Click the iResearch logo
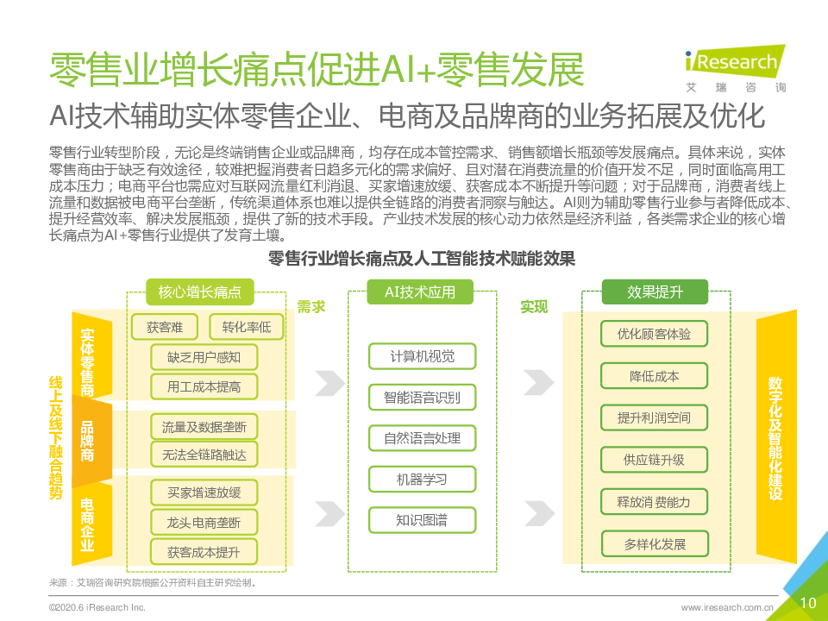[x=735, y=69]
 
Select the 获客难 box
[x=164, y=328]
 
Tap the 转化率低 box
[x=247, y=328]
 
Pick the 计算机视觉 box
[x=422, y=356]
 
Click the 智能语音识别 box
[x=422, y=398]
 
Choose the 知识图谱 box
[x=422, y=521]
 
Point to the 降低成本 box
[x=655, y=376]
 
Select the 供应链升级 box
[x=655, y=460]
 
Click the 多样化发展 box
[x=655, y=544]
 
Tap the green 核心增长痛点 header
[x=199, y=292]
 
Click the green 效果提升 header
[x=655, y=292]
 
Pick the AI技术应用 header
[x=420, y=292]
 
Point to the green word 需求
[x=311, y=307]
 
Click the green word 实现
[x=534, y=307]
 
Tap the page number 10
[x=808, y=603]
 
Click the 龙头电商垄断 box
[x=204, y=523]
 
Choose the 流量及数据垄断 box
[x=204, y=427]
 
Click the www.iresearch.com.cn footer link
[x=727, y=608]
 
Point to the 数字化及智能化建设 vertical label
[x=775, y=438]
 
